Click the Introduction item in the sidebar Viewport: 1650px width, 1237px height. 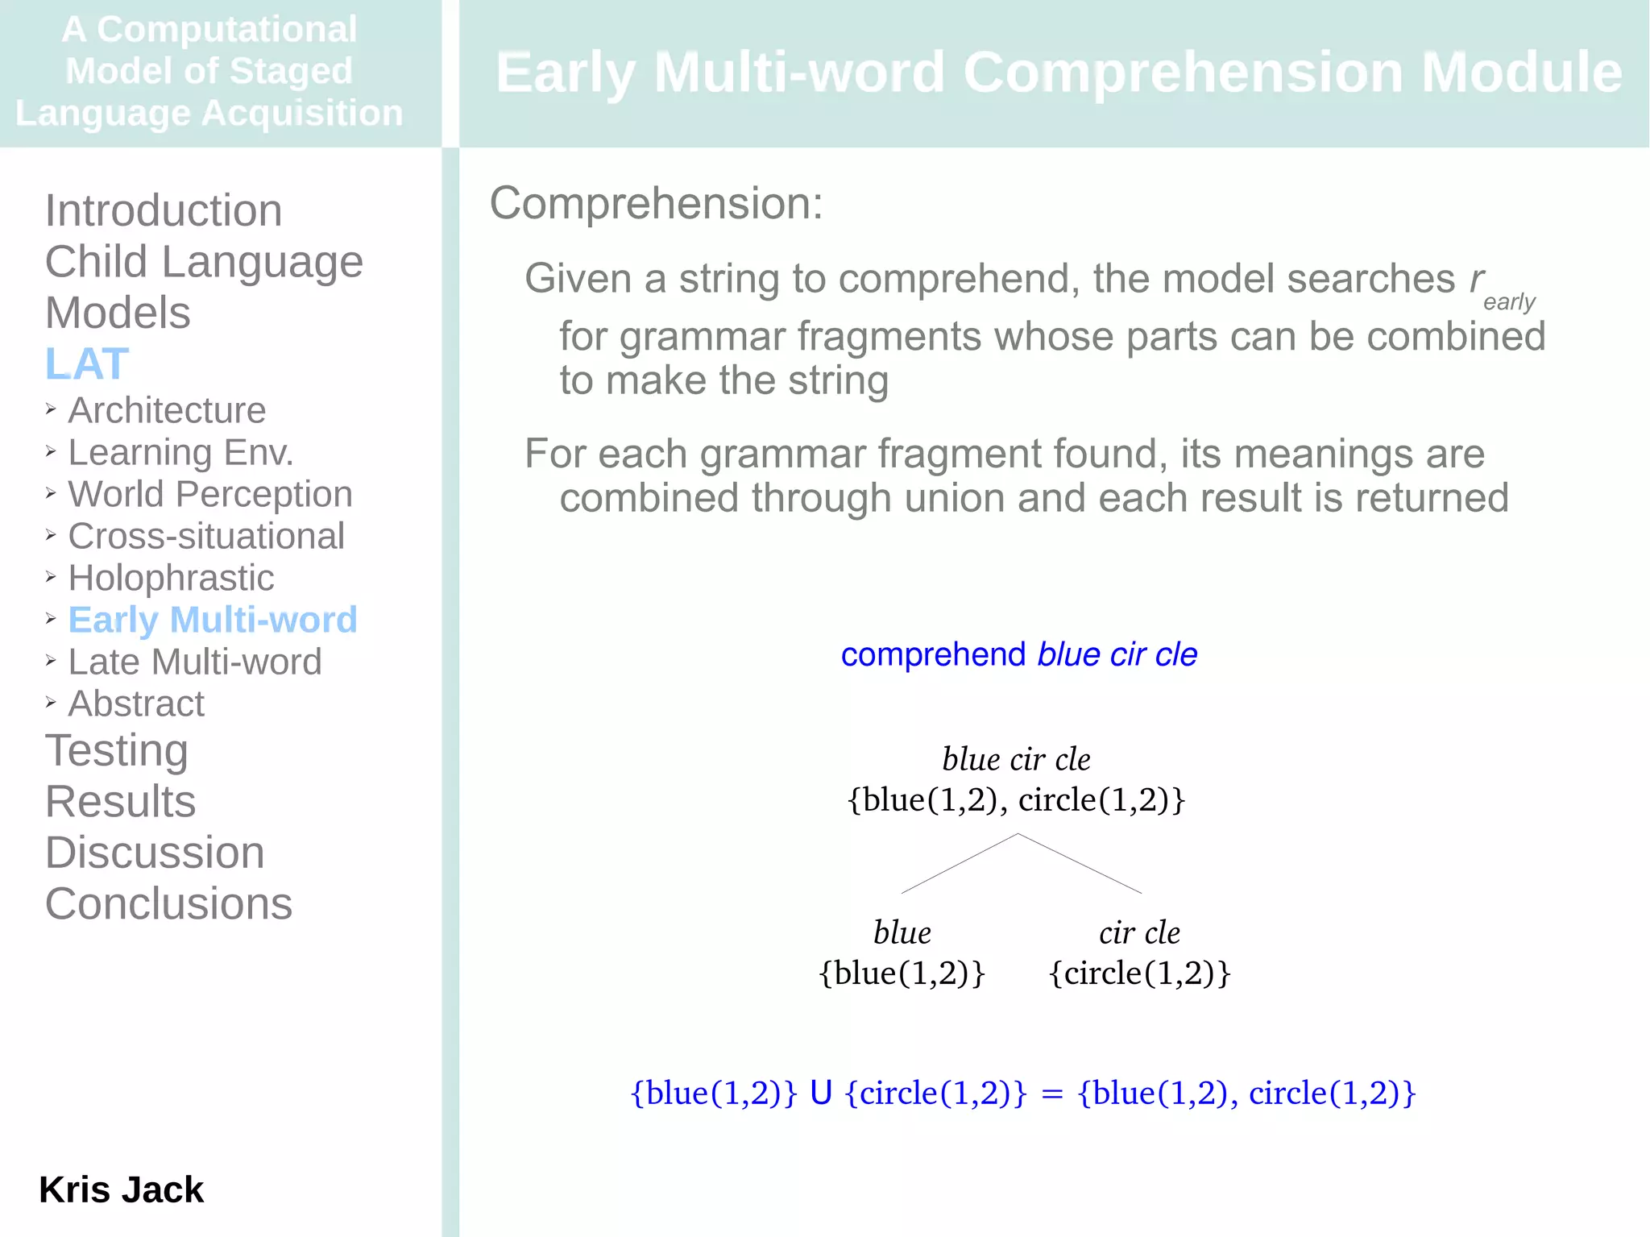pos(164,211)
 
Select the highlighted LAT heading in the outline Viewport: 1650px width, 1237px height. pos(87,363)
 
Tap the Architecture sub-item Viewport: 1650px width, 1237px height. pos(167,410)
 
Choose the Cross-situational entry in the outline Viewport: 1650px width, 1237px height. pos(206,536)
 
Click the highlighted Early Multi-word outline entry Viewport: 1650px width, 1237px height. pos(213,620)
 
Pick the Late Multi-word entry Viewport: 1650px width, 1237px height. pos(195,662)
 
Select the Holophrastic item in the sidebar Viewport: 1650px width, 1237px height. pos(171,578)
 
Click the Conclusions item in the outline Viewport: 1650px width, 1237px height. pos(168,903)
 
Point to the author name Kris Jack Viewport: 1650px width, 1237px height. pos(122,1189)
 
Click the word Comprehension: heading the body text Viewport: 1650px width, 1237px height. pos(656,203)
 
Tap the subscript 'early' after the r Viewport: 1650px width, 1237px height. pos(1509,302)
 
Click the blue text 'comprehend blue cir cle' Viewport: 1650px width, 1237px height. pos(1018,654)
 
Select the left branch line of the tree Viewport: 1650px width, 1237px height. pos(959,864)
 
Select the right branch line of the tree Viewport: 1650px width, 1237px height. pos(1080,864)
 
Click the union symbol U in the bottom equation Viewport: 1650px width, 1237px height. pos(821,1094)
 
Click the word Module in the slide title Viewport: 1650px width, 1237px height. pos(1521,73)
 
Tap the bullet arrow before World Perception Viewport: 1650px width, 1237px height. pos(51,493)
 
